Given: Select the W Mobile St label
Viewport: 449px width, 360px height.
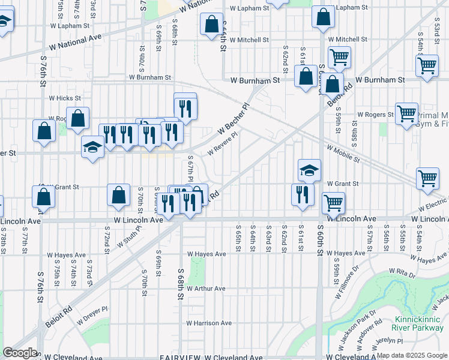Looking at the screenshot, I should click(343, 154).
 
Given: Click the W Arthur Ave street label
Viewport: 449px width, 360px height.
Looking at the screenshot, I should click(206, 289).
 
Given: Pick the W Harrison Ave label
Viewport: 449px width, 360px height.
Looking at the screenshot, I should click(209, 323).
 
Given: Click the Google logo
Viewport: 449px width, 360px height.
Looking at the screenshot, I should click(20, 353).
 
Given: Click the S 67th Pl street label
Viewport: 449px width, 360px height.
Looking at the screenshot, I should click(190, 169).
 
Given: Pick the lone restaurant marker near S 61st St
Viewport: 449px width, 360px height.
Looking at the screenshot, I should click(302, 194).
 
